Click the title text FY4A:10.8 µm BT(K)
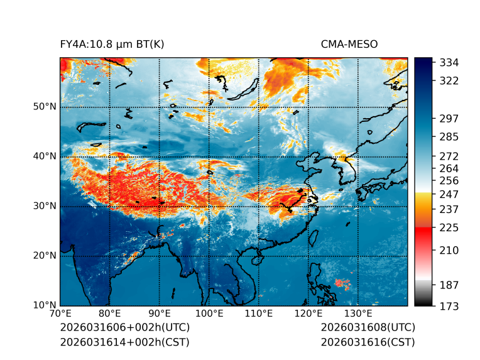coord(112,44)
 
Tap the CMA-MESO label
coord(349,44)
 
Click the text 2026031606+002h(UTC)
coord(124,328)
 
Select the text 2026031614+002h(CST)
coord(124,342)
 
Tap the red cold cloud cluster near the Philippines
coord(342,283)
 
